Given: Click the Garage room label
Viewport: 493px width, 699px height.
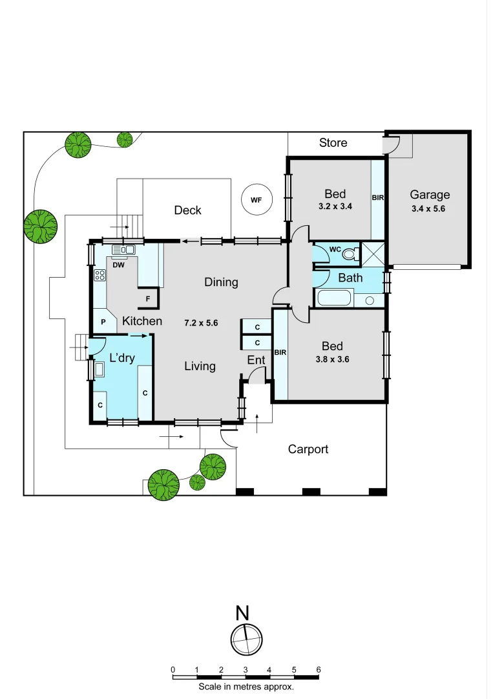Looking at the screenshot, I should coord(430,194).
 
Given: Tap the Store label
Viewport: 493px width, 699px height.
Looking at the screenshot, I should coord(333,142).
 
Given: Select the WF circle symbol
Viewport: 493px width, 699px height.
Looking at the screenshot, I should coord(256,200).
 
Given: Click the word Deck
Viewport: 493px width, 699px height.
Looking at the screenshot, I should coord(187,210).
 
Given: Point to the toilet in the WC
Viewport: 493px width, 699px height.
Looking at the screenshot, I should coord(350,253).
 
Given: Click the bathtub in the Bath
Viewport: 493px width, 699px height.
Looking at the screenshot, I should coord(334,299).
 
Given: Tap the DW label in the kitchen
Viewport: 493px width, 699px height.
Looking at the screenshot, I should coord(118,264).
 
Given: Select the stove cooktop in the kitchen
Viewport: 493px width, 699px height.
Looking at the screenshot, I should coord(100,275).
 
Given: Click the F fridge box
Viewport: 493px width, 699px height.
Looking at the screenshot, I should coord(148,298).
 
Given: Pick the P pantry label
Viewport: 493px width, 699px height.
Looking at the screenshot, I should coord(103,321).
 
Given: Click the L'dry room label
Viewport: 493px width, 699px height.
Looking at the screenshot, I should coord(122,357).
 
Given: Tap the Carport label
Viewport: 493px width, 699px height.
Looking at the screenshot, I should coord(308,449).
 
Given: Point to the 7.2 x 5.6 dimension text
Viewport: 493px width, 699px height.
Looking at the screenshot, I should coord(202,322).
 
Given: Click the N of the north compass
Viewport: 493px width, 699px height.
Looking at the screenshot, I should coord(242,612).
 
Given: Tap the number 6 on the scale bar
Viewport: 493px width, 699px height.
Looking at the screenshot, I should coord(318,669).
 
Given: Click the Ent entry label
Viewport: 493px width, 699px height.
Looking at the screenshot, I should coord(255,360).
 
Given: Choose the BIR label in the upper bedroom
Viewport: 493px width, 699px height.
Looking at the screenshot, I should coord(378,197).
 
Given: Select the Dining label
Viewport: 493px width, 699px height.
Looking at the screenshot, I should coord(221,282).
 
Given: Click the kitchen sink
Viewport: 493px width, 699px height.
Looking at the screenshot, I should coord(122,249).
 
